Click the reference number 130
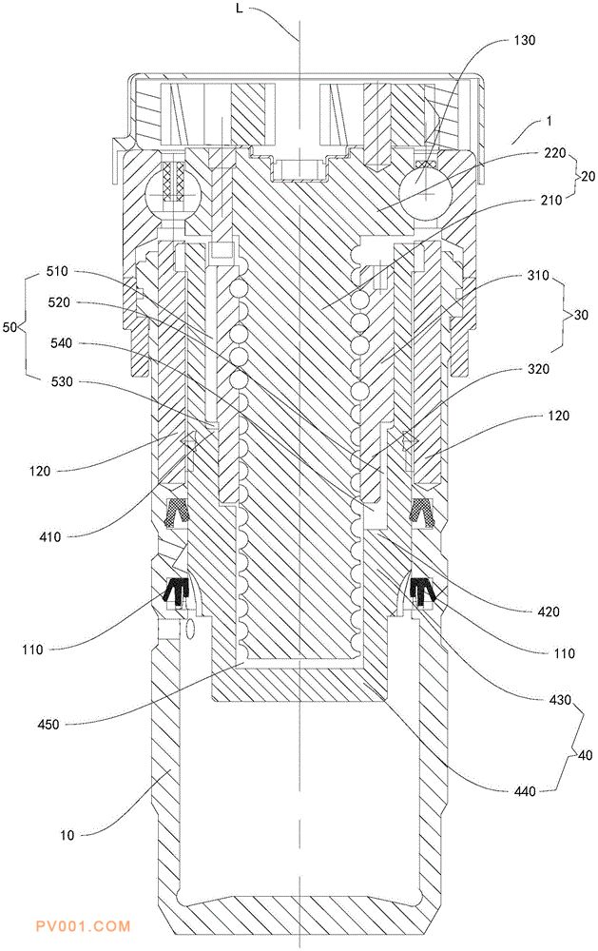click(525, 40)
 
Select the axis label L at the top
click(241, 10)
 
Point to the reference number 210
click(551, 199)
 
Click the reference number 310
click(537, 276)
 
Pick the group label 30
click(581, 315)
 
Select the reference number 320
click(537, 369)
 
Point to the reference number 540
click(61, 343)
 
